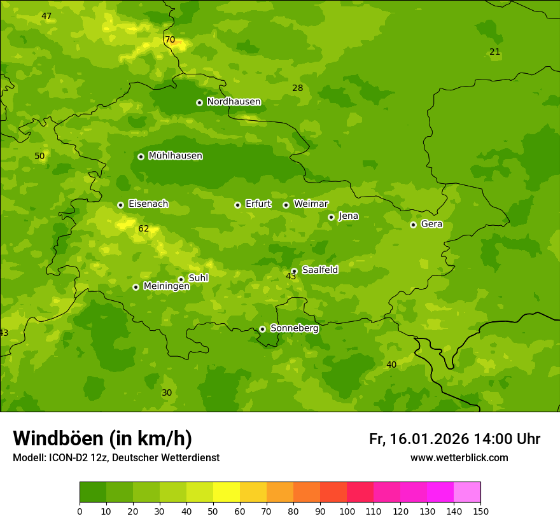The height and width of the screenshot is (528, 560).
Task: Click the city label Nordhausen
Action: tap(234, 102)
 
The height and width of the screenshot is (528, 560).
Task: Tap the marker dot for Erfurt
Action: tap(237, 205)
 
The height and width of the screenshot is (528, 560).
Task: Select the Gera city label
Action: tap(431, 224)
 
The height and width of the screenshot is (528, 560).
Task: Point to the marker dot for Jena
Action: tap(331, 217)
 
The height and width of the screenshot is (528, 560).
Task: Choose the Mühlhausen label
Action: tap(175, 156)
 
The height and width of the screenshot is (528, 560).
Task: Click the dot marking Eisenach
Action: tap(120, 205)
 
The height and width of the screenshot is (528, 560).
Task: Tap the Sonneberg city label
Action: tap(294, 328)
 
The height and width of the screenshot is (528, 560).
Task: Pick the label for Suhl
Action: tap(198, 278)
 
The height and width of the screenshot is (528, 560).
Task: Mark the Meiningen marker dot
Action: tap(136, 287)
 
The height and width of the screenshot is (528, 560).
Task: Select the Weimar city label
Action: tap(311, 204)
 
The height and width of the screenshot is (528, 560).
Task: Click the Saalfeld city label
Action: tap(319, 270)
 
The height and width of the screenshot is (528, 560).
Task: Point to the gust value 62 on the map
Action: tap(143, 228)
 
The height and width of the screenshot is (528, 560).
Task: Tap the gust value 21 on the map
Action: tap(494, 52)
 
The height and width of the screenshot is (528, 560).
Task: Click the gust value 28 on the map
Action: tap(297, 88)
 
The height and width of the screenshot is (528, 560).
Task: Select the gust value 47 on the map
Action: tap(46, 16)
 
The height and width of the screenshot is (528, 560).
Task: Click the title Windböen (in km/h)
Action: tap(102, 438)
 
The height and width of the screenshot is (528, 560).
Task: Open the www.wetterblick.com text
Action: tap(459, 458)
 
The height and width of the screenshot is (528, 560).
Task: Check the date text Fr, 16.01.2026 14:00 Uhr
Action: tap(454, 439)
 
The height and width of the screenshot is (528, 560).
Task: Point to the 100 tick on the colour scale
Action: tap(347, 511)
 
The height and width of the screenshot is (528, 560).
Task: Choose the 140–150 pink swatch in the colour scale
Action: tap(467, 492)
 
